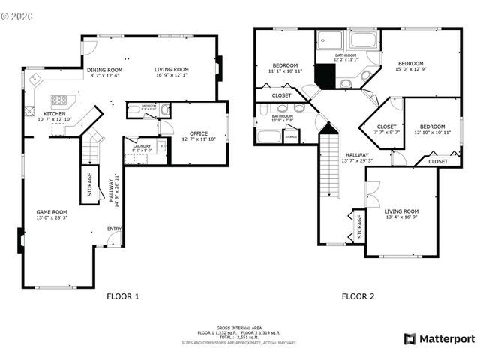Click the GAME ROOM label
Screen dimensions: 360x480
(52, 211)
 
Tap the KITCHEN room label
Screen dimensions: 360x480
(54, 113)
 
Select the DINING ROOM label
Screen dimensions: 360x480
(104, 70)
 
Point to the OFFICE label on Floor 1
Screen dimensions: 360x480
(199, 133)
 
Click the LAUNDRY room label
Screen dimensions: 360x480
(142, 146)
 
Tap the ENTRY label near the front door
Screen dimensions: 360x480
(115, 228)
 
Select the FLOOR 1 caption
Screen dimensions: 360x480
(123, 296)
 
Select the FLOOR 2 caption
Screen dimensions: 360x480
(358, 296)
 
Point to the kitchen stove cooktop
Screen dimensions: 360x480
(59, 100)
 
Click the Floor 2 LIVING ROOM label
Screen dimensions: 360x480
(401, 211)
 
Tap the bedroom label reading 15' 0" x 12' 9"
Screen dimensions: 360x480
(411, 63)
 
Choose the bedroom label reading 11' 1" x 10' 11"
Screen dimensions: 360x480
(285, 64)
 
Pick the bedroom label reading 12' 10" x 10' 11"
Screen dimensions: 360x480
(432, 127)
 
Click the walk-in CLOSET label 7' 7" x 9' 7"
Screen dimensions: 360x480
(386, 127)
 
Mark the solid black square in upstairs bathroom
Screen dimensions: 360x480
(324, 76)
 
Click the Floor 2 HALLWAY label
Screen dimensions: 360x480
(356, 155)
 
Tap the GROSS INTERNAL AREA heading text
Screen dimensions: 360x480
(239, 328)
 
